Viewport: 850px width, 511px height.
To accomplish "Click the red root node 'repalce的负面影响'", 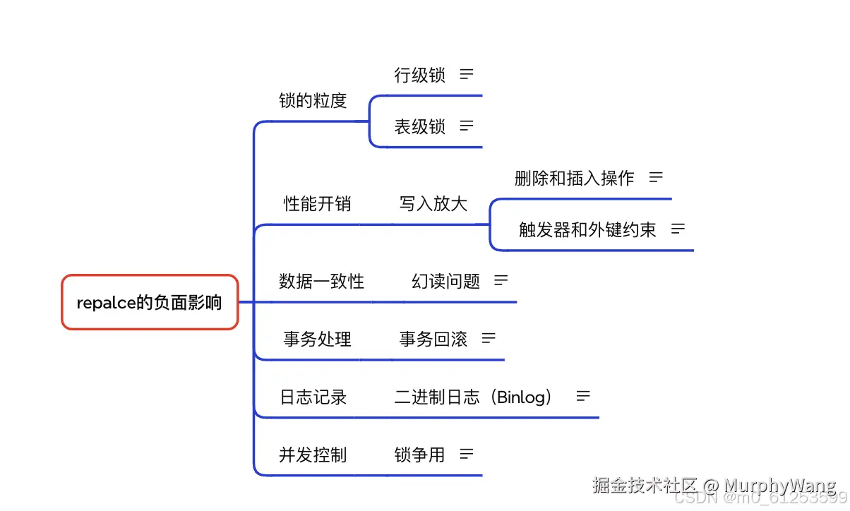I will point(150,302).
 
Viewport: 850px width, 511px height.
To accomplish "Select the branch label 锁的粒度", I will point(313,101).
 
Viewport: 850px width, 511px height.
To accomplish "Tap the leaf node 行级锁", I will point(419,75).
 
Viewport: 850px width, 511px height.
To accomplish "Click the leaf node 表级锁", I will point(419,127).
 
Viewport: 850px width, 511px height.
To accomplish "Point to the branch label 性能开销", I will point(317,204).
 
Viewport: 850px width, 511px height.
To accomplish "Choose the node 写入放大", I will point(433,204).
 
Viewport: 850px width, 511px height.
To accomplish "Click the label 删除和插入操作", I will point(574,179).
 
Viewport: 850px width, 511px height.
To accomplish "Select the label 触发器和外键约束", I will point(587,229).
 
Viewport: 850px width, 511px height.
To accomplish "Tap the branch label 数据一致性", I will point(321,282).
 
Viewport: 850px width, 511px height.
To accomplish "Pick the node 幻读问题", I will point(445,282).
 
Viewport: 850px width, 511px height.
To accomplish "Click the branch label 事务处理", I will point(317,339).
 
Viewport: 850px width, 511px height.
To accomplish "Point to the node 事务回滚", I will point(433,339).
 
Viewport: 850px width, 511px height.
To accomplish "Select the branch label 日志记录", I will point(313,397).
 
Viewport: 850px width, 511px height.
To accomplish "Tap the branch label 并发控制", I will point(313,455).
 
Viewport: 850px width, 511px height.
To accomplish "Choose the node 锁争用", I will point(419,455).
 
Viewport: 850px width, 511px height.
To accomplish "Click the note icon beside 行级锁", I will point(467,73).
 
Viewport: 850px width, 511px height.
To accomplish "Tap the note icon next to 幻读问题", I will point(501,280).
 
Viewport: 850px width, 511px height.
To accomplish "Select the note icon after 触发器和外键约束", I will point(678,228).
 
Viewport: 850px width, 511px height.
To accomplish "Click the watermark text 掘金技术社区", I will point(645,486).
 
